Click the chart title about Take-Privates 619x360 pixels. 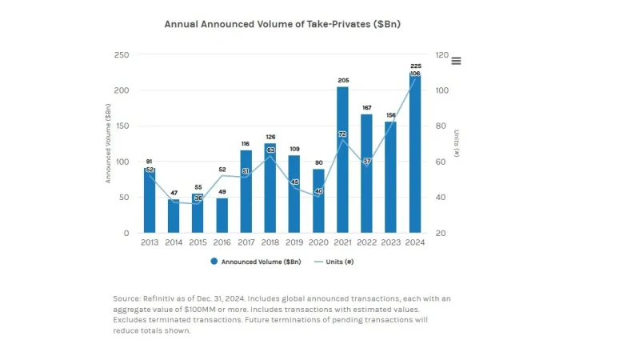click(x=282, y=24)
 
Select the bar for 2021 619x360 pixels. click(x=342, y=160)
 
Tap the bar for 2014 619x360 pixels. click(x=174, y=216)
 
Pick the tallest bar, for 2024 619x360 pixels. click(x=414, y=153)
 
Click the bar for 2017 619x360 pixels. click(x=246, y=192)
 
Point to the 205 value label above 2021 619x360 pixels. click(x=342, y=80)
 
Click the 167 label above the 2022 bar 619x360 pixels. click(x=366, y=107)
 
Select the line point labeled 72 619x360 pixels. click(x=342, y=134)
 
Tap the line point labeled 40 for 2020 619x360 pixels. click(x=318, y=191)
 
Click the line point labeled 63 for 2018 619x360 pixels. click(x=270, y=150)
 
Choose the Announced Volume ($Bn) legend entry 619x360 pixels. click(x=256, y=262)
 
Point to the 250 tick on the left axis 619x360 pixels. click(x=121, y=55)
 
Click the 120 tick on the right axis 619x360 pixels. click(x=441, y=55)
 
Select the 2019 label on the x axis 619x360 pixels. click(x=294, y=242)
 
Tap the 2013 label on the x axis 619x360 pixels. click(x=150, y=242)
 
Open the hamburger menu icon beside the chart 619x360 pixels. click(x=456, y=61)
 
